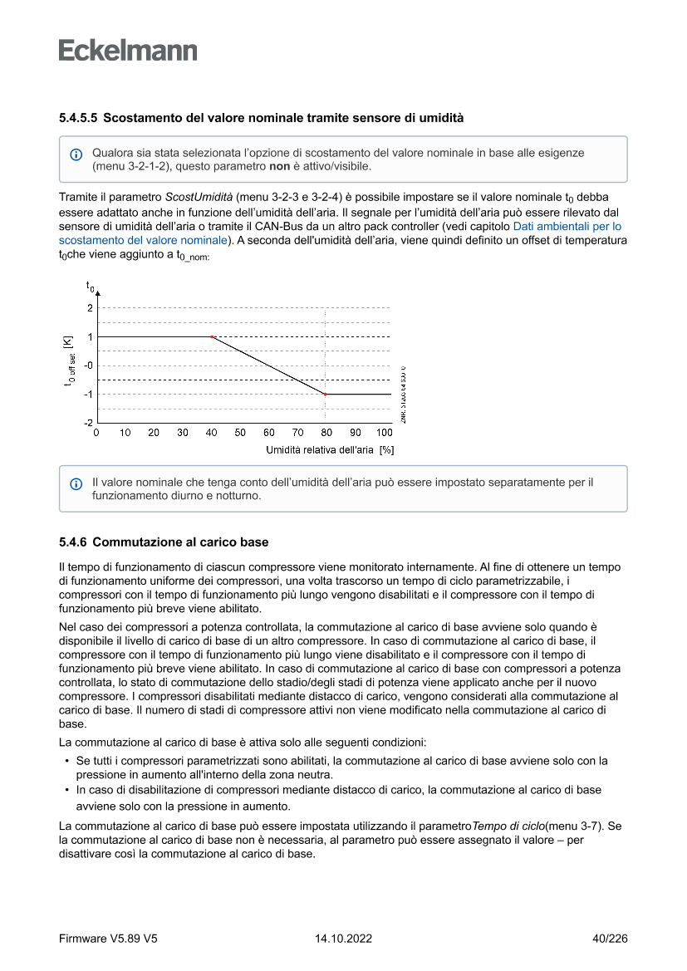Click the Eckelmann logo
point(128,51)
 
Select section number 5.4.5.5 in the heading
point(78,118)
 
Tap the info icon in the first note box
point(76,154)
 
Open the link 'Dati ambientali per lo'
point(567,226)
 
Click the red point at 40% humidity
point(212,336)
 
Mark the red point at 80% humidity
point(326,395)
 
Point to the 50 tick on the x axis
point(240,433)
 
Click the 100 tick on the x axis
point(385,433)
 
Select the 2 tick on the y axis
point(89,307)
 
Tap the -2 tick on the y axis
point(88,423)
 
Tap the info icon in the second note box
point(76,483)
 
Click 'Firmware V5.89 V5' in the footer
point(108,939)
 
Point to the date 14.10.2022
point(343,939)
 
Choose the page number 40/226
point(609,939)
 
